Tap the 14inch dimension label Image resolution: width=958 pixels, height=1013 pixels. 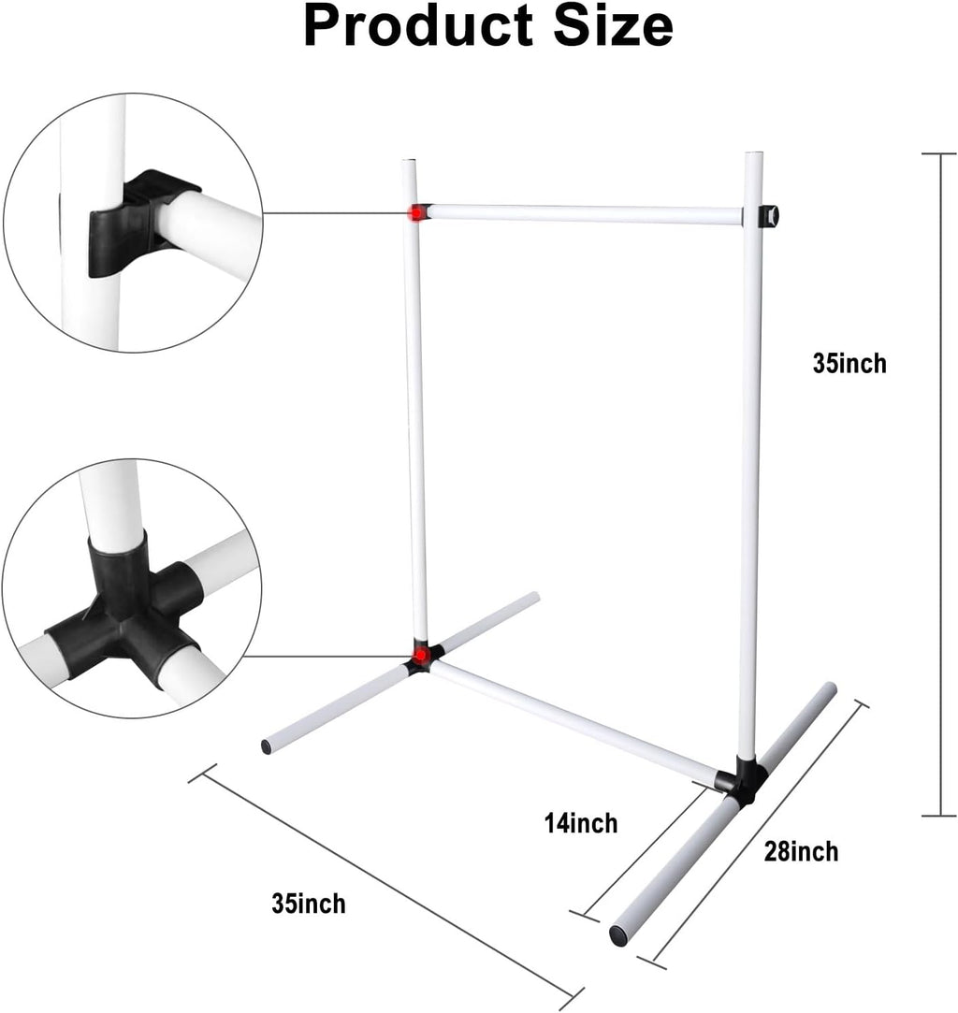(x=581, y=823)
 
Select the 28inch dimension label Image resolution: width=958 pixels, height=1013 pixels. (x=801, y=851)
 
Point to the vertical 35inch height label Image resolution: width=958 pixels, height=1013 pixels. (x=849, y=363)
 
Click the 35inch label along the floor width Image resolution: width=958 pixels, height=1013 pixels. (x=308, y=903)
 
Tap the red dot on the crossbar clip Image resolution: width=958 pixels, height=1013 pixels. (x=417, y=212)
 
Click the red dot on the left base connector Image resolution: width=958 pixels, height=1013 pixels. (x=420, y=656)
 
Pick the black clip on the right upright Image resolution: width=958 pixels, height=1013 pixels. (x=769, y=216)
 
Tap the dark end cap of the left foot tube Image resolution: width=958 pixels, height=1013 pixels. (x=266, y=746)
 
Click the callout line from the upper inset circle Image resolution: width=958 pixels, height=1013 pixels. (x=336, y=212)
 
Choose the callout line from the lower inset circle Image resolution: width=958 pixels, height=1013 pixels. (x=328, y=656)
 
